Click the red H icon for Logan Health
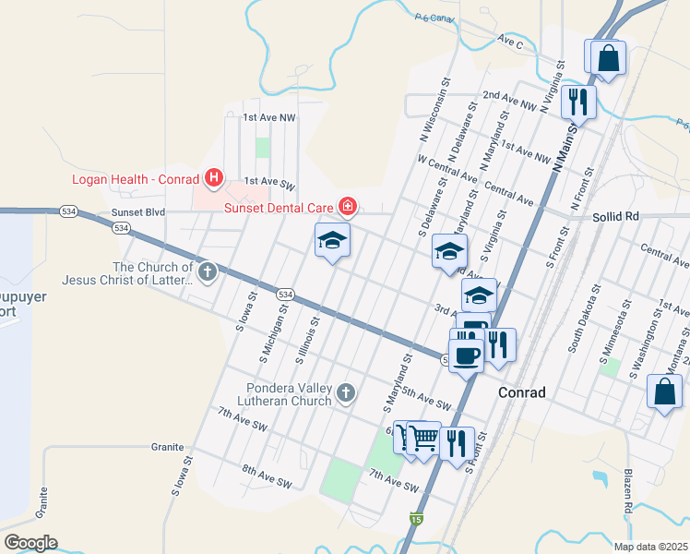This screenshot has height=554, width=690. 214,175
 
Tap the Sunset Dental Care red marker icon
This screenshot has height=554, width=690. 348,207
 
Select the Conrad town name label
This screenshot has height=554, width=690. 522,392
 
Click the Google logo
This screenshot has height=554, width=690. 30,542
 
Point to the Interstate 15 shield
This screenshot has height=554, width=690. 418,521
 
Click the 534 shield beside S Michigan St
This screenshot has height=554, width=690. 286,294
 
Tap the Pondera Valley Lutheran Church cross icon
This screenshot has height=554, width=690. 346,393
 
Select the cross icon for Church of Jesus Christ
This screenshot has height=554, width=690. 208,272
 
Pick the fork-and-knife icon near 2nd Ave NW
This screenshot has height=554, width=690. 577,100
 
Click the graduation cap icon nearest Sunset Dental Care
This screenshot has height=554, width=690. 333,242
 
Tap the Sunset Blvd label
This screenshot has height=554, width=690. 137,211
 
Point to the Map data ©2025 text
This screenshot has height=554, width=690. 650,547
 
